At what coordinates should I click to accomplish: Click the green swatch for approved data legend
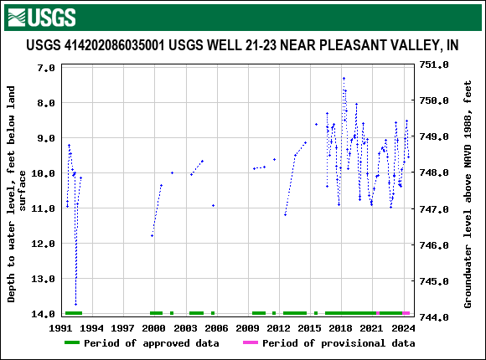[x=82, y=343]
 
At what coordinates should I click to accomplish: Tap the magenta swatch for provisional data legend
[x=250, y=343]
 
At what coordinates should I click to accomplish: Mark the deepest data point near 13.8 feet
[x=75, y=305]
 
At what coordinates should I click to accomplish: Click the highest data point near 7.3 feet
[x=344, y=78]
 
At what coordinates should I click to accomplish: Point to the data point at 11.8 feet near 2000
[x=152, y=236]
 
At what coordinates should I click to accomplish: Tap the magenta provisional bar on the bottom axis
[x=406, y=313]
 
